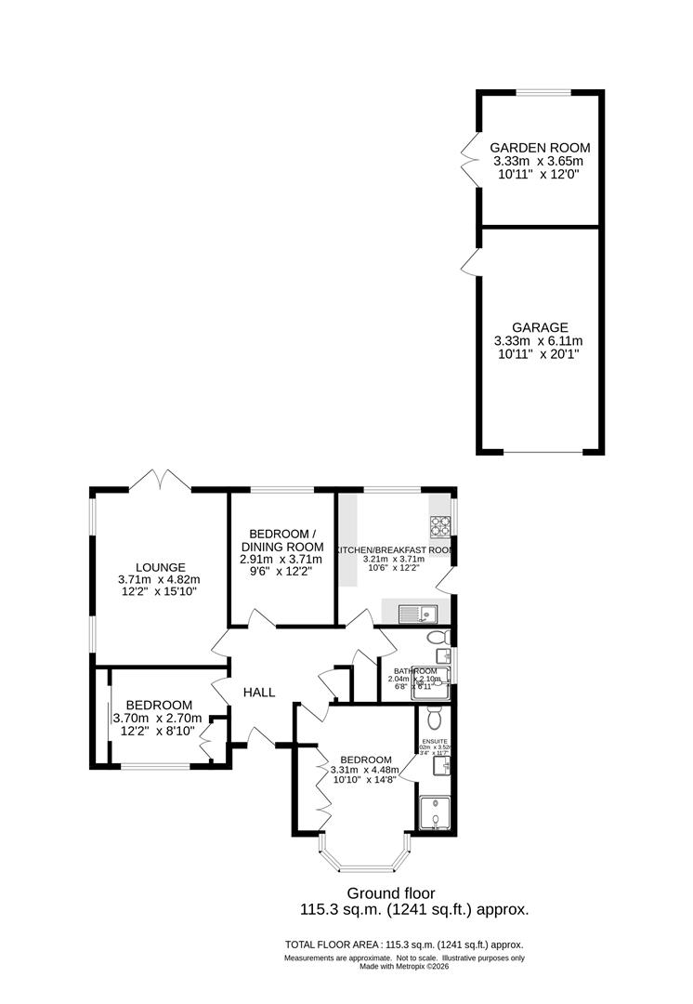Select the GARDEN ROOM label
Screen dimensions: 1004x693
click(540, 148)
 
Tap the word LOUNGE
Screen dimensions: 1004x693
click(161, 567)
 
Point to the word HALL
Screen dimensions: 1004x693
click(259, 693)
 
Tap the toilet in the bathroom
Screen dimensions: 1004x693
click(438, 638)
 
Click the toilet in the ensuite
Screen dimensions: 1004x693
click(433, 719)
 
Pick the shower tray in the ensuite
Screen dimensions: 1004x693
click(434, 812)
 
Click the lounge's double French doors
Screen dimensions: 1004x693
click(161, 481)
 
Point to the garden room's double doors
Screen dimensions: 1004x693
click(468, 158)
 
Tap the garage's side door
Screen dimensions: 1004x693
click(469, 262)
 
